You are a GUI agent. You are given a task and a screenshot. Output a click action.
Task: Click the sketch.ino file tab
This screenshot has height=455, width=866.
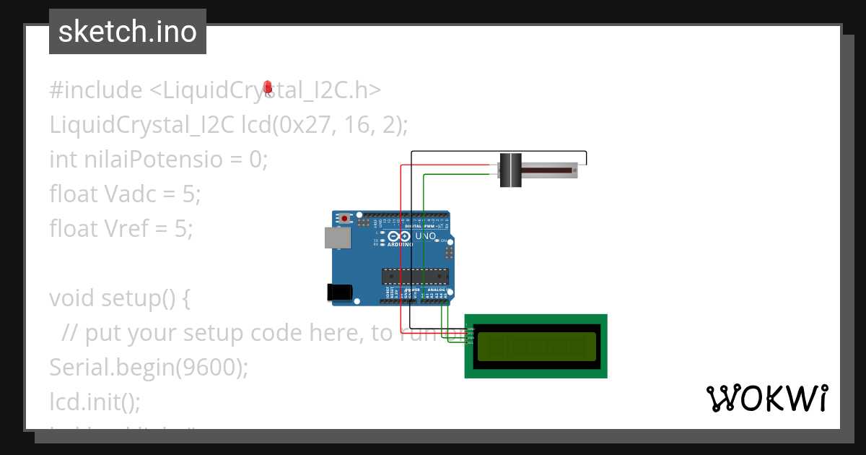click(x=128, y=32)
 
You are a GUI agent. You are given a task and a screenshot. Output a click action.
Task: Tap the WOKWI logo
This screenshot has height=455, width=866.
click(x=767, y=398)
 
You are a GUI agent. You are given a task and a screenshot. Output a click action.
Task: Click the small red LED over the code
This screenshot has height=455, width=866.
click(x=268, y=87)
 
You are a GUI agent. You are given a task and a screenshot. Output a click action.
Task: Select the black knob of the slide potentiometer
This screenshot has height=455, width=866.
click(x=511, y=170)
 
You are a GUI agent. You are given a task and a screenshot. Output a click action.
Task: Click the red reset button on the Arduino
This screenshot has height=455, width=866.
click(x=346, y=217)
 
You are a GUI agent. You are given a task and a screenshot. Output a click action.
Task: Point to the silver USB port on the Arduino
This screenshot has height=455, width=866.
click(x=336, y=238)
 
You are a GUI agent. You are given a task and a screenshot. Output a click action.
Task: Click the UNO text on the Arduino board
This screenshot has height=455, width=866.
click(x=426, y=236)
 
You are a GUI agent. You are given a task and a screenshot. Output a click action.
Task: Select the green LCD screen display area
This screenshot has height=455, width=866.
click(x=536, y=346)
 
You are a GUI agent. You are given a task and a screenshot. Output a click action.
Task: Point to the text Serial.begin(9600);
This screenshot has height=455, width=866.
click(x=149, y=368)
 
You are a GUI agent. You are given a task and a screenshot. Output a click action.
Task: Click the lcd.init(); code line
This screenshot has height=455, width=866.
click(x=95, y=401)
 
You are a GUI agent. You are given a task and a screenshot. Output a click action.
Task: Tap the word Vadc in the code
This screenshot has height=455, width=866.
click(x=131, y=194)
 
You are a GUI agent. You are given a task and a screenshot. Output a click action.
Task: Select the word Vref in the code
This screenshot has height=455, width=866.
click(x=129, y=229)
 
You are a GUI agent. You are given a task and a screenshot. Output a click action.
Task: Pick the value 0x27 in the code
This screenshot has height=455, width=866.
click(x=302, y=125)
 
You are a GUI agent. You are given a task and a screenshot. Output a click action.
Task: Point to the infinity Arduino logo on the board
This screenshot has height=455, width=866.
click(x=399, y=235)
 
